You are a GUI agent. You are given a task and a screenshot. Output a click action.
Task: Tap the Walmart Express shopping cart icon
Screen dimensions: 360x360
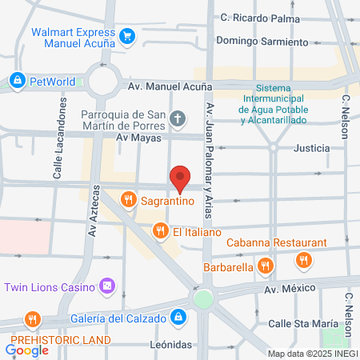(x=127, y=35)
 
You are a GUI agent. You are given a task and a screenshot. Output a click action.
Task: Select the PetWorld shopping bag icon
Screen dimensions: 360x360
(x=17, y=80)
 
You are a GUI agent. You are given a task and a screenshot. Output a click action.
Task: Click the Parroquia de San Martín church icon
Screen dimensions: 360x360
(x=178, y=120)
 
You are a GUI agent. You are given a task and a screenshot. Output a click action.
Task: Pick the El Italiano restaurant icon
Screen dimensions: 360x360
(x=159, y=231)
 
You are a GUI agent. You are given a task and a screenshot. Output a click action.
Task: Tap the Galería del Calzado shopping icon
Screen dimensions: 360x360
(x=180, y=318)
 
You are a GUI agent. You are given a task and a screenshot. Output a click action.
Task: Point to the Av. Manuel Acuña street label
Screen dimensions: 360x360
(x=171, y=86)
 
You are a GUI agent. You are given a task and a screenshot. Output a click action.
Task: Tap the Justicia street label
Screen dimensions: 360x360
(x=311, y=148)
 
